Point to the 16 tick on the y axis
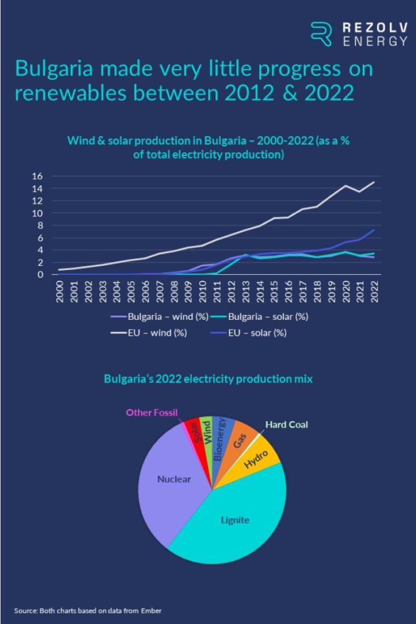click(x=37, y=176)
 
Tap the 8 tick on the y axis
click(x=40, y=225)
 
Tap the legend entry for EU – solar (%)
click(x=254, y=333)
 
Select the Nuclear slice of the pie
click(x=174, y=479)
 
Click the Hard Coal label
click(x=287, y=425)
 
